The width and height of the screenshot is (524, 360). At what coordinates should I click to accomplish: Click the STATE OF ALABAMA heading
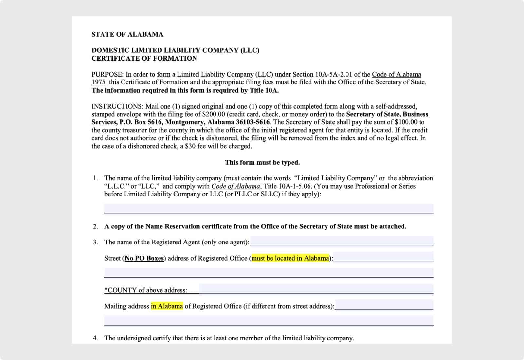tap(127, 34)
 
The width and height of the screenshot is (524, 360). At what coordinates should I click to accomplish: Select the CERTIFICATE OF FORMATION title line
tap(144, 58)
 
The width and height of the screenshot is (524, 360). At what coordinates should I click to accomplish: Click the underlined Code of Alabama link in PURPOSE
tap(396, 74)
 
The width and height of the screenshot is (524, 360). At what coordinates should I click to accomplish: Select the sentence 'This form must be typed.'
tap(262, 162)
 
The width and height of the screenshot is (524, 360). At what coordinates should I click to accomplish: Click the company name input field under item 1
tap(269, 208)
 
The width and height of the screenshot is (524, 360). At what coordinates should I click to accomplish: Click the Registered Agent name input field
tap(341, 241)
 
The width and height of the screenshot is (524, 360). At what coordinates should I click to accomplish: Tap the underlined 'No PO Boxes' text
tap(144, 258)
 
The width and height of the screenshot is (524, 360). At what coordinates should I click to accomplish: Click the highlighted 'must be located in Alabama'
tap(290, 258)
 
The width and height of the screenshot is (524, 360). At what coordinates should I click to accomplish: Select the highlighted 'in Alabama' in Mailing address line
tap(167, 306)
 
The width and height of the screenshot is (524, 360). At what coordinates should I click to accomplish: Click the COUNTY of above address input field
tap(316, 289)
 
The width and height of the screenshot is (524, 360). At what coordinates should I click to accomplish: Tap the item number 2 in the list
tap(95, 226)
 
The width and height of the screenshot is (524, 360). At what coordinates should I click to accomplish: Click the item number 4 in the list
tap(95, 338)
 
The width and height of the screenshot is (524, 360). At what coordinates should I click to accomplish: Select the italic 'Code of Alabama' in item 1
tap(235, 186)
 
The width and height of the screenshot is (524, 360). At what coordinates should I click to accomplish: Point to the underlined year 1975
tap(98, 82)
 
